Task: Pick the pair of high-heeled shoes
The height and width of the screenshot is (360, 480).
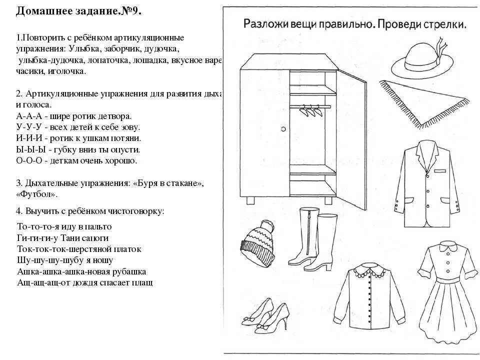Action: [265, 315]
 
